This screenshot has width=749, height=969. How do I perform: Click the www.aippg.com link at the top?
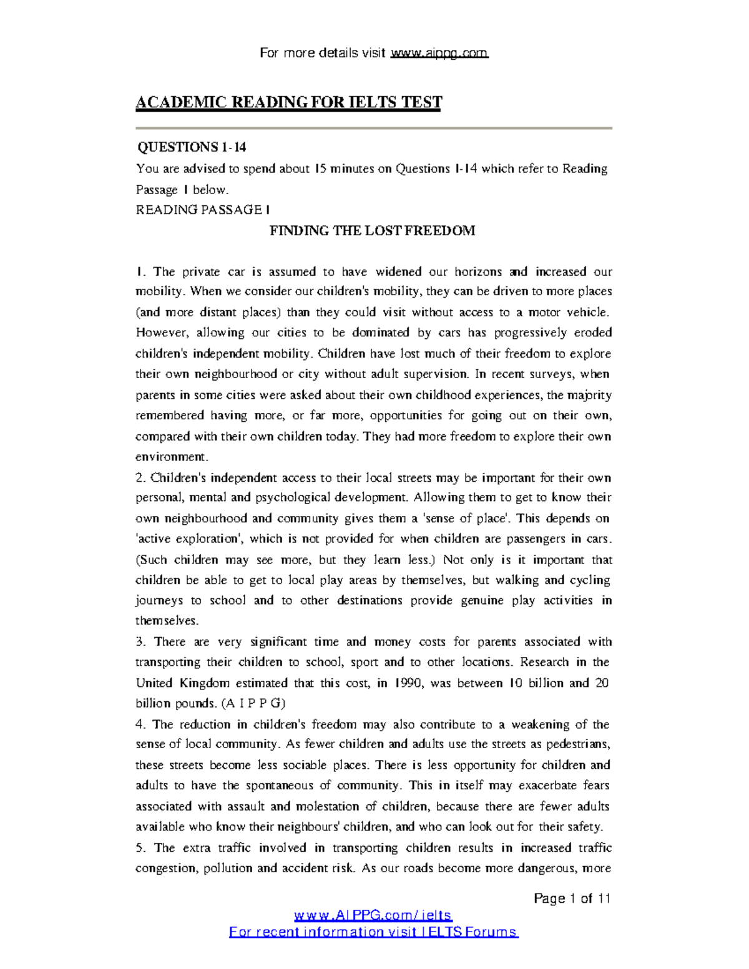(x=439, y=53)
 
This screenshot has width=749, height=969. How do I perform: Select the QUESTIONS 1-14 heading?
(x=192, y=147)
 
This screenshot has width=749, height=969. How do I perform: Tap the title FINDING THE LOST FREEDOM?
(x=372, y=231)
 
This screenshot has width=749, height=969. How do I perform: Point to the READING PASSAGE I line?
(x=203, y=210)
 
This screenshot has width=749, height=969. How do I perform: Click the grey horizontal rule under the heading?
(x=373, y=128)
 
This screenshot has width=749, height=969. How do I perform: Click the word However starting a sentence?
(x=157, y=333)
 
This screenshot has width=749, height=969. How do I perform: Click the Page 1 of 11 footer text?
(x=572, y=898)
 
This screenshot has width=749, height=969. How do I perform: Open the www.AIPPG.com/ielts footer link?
(x=373, y=915)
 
